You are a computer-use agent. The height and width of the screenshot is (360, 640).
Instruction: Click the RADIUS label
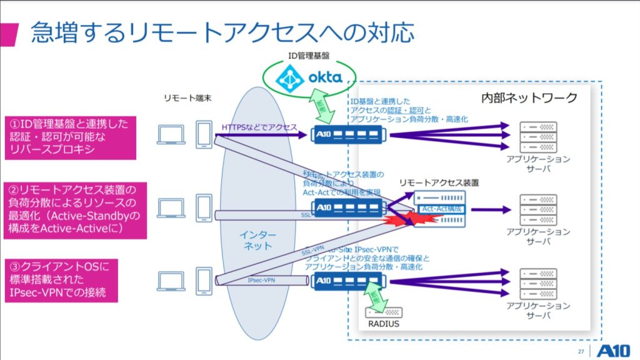383,324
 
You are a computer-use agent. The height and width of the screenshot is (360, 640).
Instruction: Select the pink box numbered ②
74,210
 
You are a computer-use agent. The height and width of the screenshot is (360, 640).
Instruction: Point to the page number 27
581,351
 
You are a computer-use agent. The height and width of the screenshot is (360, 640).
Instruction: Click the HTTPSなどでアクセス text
259,127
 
